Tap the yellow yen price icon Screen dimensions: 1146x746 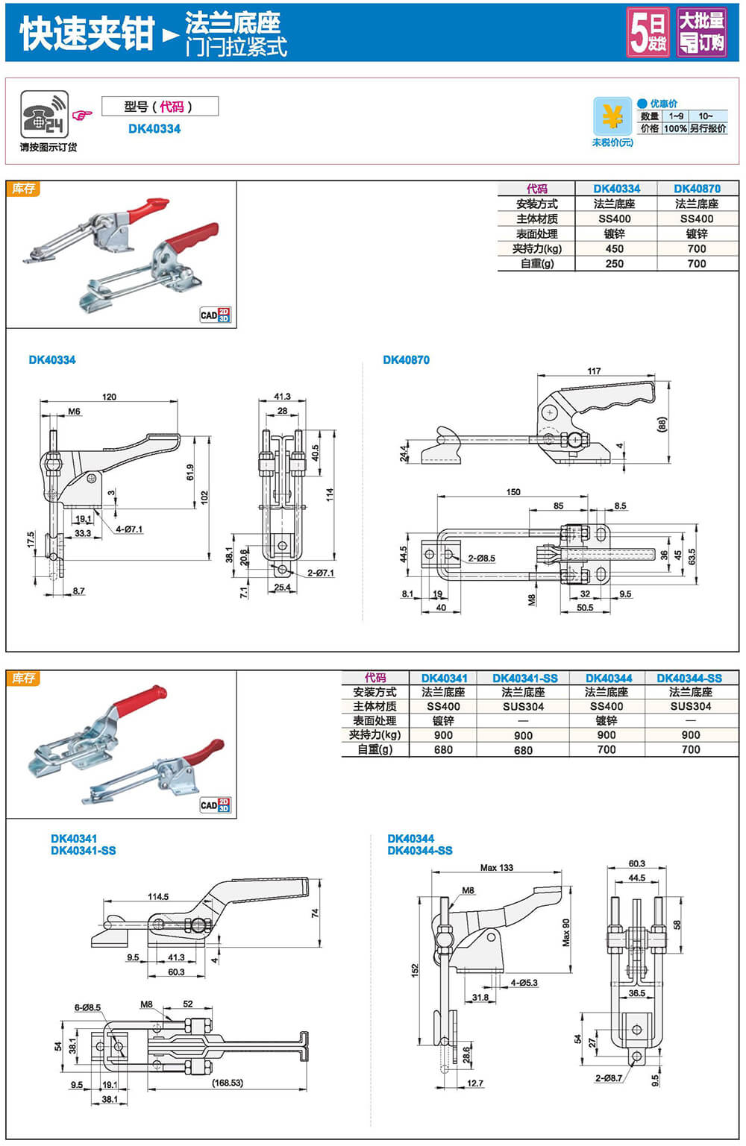[612, 117]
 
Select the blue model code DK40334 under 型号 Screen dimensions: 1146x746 [154, 128]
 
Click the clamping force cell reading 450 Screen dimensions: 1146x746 [615, 248]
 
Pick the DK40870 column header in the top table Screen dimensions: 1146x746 [697, 189]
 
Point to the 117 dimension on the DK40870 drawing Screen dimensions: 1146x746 [594, 371]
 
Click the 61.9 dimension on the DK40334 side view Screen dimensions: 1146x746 [190, 472]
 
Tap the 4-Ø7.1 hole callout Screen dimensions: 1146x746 [129, 529]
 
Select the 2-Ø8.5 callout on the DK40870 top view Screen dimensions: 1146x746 [481, 558]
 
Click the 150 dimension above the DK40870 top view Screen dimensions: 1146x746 [513, 492]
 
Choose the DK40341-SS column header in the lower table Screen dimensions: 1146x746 [524, 678]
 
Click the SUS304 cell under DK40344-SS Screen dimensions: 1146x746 [690, 706]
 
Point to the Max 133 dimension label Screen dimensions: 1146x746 [497, 867]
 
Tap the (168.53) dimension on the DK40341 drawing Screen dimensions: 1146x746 [227, 1082]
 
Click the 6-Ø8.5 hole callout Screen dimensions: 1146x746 [87, 1007]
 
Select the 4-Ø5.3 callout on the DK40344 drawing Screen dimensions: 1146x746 [524, 983]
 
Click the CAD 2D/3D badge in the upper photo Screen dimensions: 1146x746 [216, 315]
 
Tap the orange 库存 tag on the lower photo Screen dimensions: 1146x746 [24, 678]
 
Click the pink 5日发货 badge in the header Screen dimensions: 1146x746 [648, 32]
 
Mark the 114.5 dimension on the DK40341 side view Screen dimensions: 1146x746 [158, 896]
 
